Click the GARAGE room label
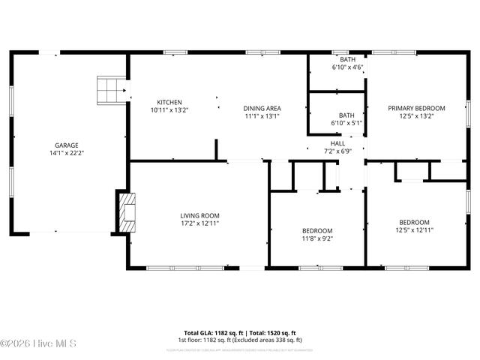click(66, 145)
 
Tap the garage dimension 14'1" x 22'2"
click(66, 154)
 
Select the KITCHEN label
click(169, 103)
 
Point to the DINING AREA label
click(262, 108)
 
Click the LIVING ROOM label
click(199, 215)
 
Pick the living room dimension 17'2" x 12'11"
click(199, 223)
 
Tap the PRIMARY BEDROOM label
click(416, 108)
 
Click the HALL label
click(337, 143)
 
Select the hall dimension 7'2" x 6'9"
click(337, 151)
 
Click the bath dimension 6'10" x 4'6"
click(347, 67)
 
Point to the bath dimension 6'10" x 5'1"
click(346, 123)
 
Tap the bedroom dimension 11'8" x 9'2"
click(317, 239)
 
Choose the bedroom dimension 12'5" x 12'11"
click(414, 230)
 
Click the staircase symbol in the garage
click(111, 89)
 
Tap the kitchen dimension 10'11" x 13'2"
click(169, 111)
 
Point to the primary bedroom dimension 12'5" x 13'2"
click(416, 116)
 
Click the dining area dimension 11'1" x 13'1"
click(262, 116)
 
